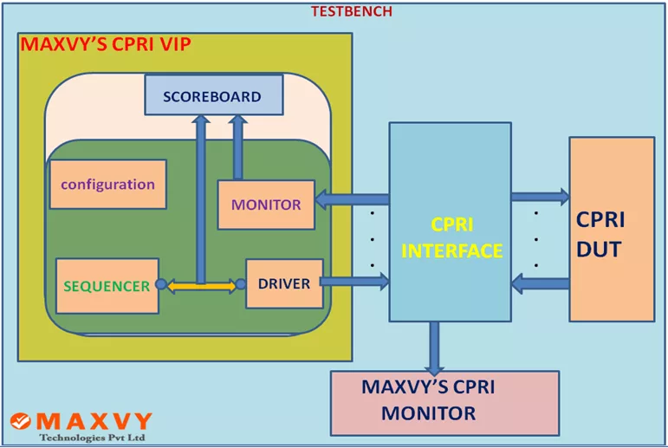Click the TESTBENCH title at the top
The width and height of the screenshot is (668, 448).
point(352,11)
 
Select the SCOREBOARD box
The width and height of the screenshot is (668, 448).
point(213,95)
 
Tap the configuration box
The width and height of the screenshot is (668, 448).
point(107,185)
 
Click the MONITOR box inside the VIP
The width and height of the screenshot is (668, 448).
point(265,205)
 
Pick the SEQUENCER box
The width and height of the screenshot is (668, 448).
point(107,285)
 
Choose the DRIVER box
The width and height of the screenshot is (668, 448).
point(284,283)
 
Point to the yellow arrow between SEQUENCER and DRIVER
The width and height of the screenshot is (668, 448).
point(199,284)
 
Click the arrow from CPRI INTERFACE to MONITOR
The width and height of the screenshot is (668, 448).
point(351,199)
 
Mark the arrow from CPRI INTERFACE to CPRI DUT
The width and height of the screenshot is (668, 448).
point(540,197)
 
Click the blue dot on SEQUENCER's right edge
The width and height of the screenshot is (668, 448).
point(161,284)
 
